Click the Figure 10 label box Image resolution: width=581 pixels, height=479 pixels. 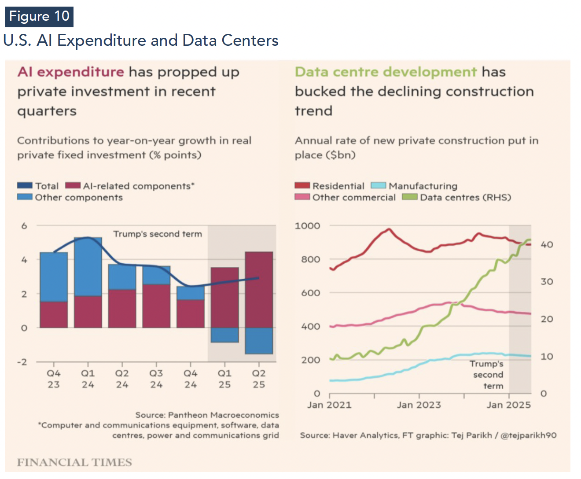click(x=39, y=17)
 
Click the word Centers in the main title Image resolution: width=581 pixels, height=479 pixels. click(x=250, y=41)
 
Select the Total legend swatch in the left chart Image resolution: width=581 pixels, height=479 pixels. click(x=25, y=186)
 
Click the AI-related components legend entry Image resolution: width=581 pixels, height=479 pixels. click(x=130, y=186)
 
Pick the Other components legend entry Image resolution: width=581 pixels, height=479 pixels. click(x=70, y=198)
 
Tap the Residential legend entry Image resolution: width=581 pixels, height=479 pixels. click(x=330, y=186)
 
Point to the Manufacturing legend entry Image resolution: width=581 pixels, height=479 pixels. click(x=414, y=186)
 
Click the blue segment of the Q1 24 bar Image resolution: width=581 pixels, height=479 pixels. click(x=88, y=266)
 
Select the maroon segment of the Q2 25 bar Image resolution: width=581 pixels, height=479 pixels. click(x=259, y=290)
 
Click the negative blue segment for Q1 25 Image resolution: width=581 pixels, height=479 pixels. click(x=224, y=335)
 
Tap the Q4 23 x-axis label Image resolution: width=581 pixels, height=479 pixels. click(x=54, y=379)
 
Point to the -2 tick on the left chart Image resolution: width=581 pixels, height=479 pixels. click(x=22, y=362)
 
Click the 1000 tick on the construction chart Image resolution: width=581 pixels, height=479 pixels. click(x=307, y=226)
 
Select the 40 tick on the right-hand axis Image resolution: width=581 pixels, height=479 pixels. click(x=547, y=245)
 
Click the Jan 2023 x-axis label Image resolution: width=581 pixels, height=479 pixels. click(x=419, y=405)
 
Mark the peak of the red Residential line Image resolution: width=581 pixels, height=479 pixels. click(x=389, y=229)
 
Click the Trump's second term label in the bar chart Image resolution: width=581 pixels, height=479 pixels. click(x=158, y=234)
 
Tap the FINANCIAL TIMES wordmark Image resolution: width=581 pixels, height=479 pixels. click(x=74, y=462)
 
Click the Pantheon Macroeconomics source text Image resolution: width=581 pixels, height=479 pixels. click(x=207, y=415)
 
